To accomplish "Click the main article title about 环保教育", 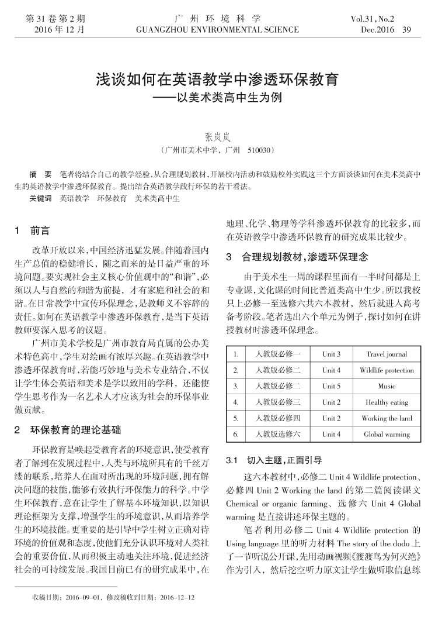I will click(217, 80).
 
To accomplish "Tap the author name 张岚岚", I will click(217, 137).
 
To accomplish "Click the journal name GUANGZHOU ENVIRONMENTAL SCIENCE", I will click(217, 29).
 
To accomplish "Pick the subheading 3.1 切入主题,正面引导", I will click(273, 460).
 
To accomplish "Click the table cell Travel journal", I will click(387, 354).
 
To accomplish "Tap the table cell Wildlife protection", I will click(387, 370).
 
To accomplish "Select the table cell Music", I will click(387, 386).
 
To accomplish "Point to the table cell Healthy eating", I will click(387, 402).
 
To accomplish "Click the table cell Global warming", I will click(387, 435).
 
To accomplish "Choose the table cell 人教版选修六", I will click(274, 435).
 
